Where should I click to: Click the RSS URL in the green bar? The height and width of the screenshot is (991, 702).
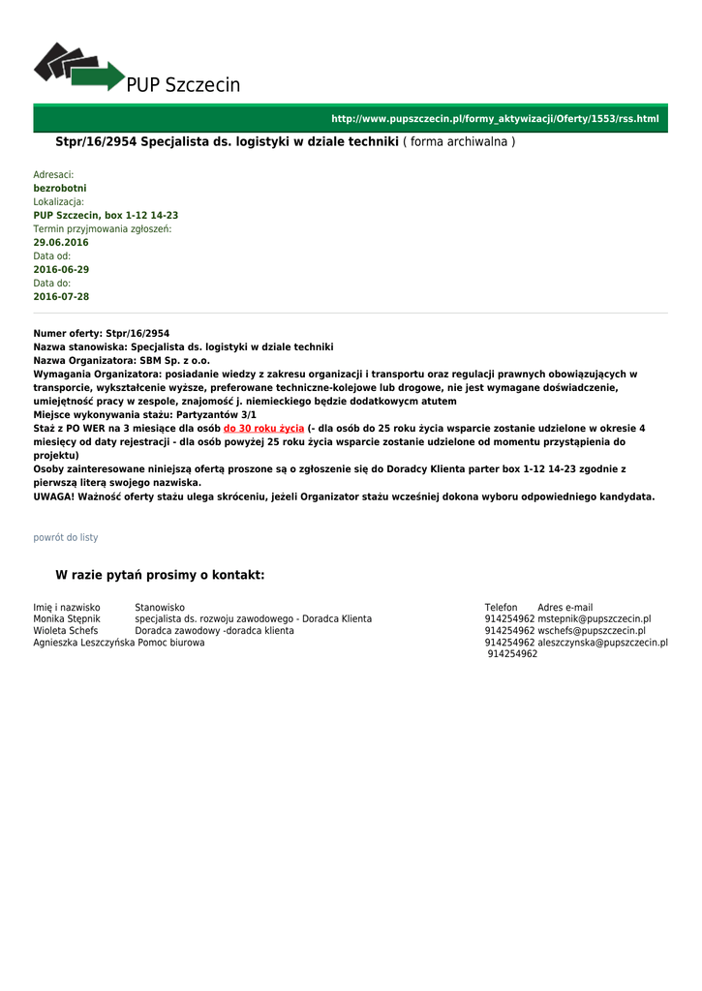click(495, 119)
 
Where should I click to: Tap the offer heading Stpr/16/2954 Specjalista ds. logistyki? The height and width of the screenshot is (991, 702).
click(227, 141)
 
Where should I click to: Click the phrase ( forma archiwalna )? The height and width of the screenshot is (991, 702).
click(459, 141)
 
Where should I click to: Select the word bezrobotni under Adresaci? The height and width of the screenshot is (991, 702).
click(60, 188)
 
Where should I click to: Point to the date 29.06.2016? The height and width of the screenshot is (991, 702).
click(61, 242)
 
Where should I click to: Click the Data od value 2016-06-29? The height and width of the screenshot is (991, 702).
click(61, 269)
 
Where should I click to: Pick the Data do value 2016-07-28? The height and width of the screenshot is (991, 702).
click(61, 296)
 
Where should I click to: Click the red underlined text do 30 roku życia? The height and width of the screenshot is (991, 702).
click(263, 428)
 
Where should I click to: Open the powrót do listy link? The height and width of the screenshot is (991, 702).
click(66, 537)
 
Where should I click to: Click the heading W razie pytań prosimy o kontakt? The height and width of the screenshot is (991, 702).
click(160, 575)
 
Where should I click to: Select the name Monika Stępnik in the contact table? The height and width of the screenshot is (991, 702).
click(67, 618)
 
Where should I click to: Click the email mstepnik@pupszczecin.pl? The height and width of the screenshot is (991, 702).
click(595, 618)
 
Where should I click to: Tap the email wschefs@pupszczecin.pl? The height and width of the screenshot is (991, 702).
click(592, 630)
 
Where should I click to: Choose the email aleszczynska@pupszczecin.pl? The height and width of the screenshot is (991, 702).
click(603, 642)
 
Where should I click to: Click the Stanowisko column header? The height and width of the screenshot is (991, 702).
click(160, 607)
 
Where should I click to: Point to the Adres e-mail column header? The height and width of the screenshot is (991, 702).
click(565, 607)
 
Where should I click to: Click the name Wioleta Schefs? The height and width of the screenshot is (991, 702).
click(66, 630)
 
